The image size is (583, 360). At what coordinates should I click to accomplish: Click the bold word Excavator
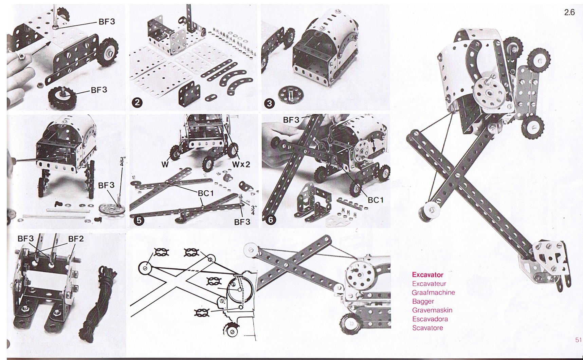(x=427, y=275)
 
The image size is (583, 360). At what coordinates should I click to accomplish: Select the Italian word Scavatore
(x=427, y=328)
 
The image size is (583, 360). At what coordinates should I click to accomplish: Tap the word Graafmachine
(x=433, y=292)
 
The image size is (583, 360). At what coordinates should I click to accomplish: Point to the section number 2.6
(x=569, y=13)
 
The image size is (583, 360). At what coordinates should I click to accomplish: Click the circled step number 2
(x=136, y=102)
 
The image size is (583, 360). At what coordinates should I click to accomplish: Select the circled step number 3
(x=269, y=103)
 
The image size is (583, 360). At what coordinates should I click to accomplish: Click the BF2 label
(x=76, y=239)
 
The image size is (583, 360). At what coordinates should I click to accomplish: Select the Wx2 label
(x=241, y=164)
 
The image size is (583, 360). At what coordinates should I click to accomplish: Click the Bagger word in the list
(x=423, y=301)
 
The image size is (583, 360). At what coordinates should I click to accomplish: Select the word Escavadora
(x=430, y=319)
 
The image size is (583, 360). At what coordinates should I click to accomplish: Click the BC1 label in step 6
(x=376, y=200)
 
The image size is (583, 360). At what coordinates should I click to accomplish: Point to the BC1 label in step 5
(x=205, y=193)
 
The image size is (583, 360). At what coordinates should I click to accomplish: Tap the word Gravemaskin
(x=432, y=310)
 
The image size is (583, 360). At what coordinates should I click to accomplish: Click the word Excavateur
(x=429, y=284)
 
